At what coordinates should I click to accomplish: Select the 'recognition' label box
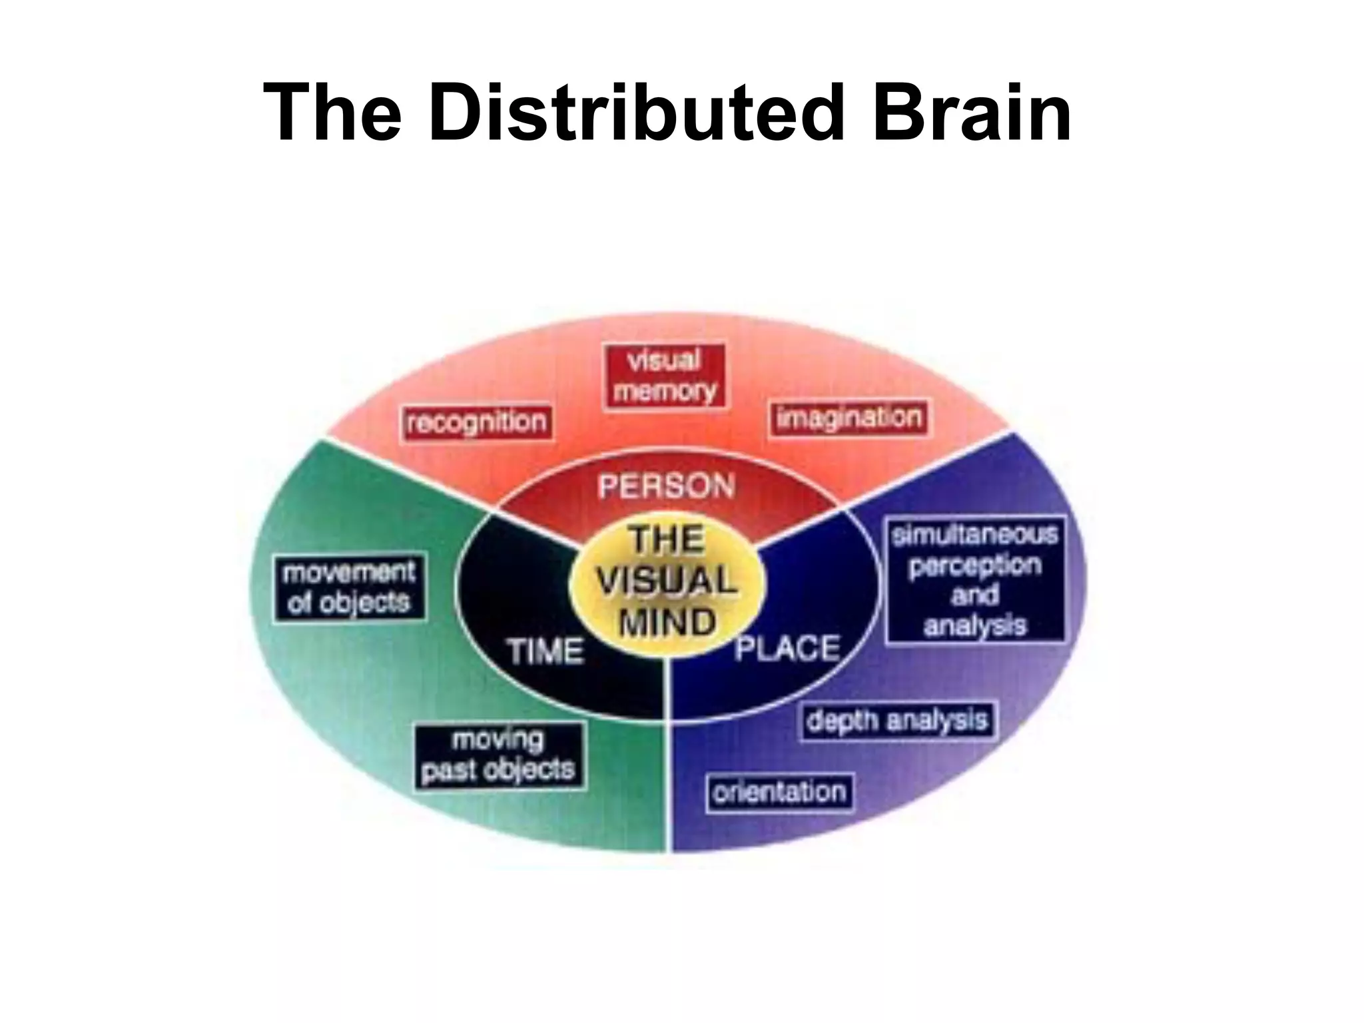tap(477, 422)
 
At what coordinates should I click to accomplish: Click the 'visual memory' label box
tap(665, 376)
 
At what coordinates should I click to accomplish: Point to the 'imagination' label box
tap(849, 418)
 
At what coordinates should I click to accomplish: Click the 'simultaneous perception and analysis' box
tap(975, 579)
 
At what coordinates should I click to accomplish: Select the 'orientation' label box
tap(779, 793)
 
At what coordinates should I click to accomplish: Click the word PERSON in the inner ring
tap(666, 486)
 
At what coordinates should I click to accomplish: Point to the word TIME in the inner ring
tap(546, 650)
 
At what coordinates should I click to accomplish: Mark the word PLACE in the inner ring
tap(787, 649)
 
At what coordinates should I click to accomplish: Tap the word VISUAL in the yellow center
tap(667, 581)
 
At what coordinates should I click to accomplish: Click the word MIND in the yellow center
tap(667, 623)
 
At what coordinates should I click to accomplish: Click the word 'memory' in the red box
tap(665, 391)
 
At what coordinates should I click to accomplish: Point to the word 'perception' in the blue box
tap(975, 565)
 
